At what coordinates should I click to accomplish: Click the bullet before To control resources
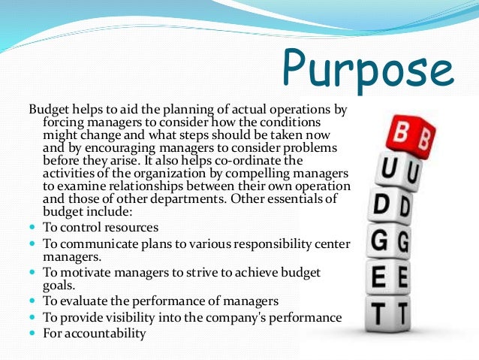pyautogui.click(x=32, y=227)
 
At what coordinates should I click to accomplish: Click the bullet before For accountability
pyautogui.click(x=32, y=332)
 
